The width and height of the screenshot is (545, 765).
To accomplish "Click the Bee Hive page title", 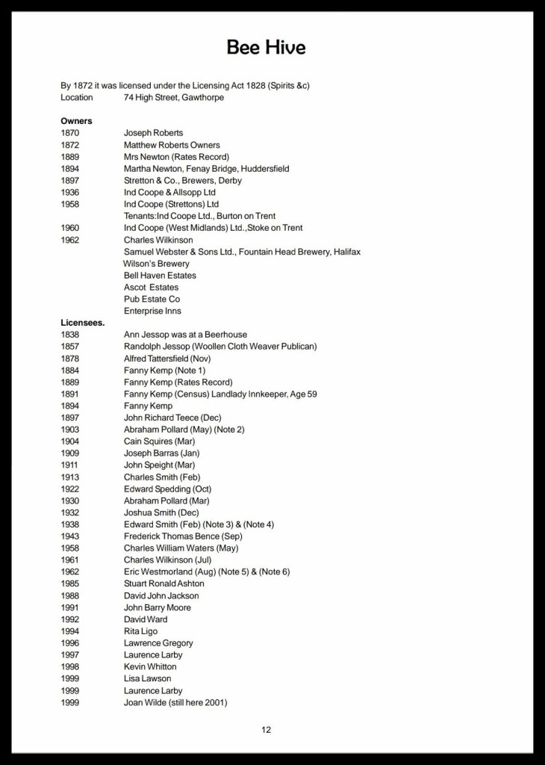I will click(266, 49).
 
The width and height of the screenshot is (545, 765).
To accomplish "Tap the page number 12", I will click(267, 730).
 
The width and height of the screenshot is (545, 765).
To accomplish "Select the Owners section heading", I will click(76, 121).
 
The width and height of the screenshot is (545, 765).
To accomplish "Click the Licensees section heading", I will click(83, 323).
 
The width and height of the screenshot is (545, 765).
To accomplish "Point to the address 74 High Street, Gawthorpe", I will click(173, 97).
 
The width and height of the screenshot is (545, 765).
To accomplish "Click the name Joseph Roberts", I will click(153, 133).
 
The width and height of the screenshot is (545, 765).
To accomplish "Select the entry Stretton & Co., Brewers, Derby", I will click(182, 180).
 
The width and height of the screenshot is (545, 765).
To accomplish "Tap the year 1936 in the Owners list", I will click(70, 192).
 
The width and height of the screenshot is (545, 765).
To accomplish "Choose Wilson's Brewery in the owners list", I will click(156, 264).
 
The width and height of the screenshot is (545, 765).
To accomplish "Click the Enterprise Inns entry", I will click(152, 311).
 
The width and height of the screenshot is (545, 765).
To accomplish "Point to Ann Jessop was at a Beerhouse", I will click(185, 335).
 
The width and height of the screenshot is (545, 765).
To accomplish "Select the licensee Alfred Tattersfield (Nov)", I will click(167, 359).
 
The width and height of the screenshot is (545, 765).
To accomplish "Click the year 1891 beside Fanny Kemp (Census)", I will click(70, 394).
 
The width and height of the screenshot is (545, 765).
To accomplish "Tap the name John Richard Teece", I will click(161, 418).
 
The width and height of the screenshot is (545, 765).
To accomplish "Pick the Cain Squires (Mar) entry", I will click(159, 442).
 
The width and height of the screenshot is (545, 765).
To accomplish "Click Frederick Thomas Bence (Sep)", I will click(183, 536).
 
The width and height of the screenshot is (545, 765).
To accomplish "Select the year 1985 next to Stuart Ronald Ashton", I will click(70, 583).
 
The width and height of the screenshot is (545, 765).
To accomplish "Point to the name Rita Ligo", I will click(140, 631).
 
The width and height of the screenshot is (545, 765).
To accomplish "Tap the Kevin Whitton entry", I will click(150, 666).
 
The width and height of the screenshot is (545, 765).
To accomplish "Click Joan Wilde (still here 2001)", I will click(175, 702).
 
